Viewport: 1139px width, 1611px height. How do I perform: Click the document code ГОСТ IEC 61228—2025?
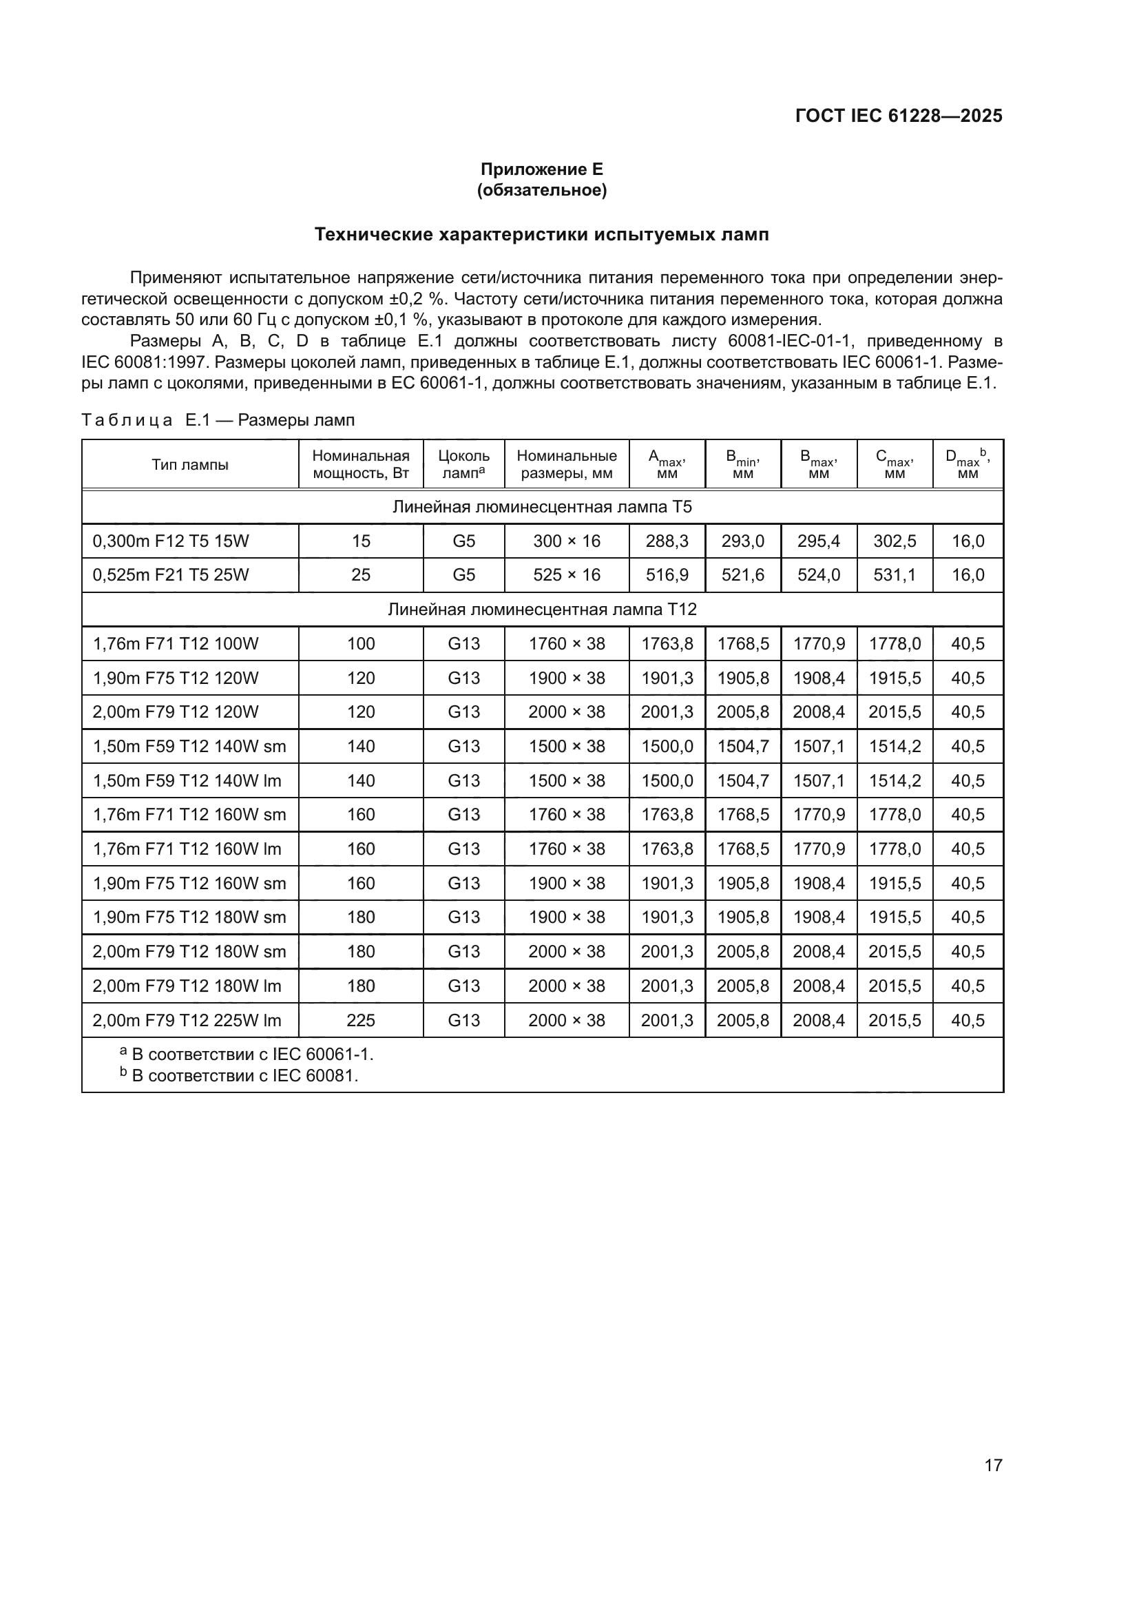pyautogui.click(x=899, y=116)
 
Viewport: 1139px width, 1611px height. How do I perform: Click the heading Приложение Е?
pyautogui.click(x=541, y=169)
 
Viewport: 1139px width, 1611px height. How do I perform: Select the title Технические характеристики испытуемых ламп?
pyautogui.click(x=541, y=234)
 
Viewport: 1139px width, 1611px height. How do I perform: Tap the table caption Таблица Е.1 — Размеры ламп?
pyautogui.click(x=218, y=420)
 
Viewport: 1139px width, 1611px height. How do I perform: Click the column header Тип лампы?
pyautogui.click(x=190, y=464)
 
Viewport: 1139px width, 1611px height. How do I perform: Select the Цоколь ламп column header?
pyautogui.click(x=463, y=464)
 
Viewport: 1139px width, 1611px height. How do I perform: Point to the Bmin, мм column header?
pyautogui.click(x=743, y=464)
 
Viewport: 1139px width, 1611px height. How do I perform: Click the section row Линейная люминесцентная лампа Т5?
pyautogui.click(x=541, y=507)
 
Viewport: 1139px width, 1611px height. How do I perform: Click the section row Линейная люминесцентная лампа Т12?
pyautogui.click(x=541, y=609)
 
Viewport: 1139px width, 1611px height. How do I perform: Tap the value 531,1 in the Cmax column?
pyautogui.click(x=895, y=575)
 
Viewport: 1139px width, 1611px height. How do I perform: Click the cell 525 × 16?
pyautogui.click(x=567, y=575)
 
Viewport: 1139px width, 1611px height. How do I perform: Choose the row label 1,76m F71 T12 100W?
pyautogui.click(x=176, y=643)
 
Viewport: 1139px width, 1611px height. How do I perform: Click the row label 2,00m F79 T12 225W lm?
pyautogui.click(x=187, y=1020)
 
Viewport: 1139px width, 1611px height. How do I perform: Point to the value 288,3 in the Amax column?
pyautogui.click(x=667, y=541)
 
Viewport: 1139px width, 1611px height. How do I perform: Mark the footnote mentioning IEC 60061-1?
pyautogui.click(x=247, y=1054)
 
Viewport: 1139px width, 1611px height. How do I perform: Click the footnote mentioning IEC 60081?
pyautogui.click(x=239, y=1076)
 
